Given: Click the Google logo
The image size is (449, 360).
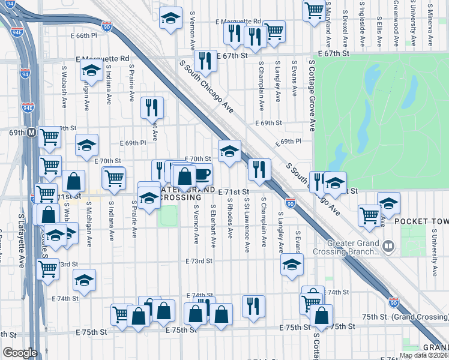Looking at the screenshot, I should (20, 353).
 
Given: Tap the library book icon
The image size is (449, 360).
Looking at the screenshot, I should (389, 246).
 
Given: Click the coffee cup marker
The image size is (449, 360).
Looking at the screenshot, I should (202, 174).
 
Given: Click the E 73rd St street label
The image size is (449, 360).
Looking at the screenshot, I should (199, 262).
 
